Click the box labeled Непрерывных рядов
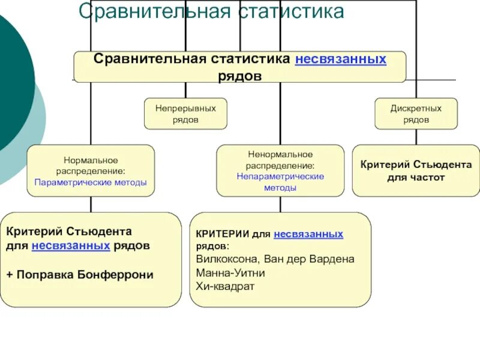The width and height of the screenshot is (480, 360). (x=185, y=113)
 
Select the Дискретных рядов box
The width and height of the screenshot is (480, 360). (x=416, y=113)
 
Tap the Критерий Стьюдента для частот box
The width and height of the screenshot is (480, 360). (x=416, y=170)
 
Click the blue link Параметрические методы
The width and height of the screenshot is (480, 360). (x=91, y=182)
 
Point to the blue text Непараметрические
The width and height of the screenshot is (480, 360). (x=280, y=176)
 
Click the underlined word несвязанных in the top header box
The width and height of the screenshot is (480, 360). (x=341, y=59)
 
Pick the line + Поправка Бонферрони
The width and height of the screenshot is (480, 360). (x=80, y=275)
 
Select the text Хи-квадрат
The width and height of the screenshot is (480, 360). (x=225, y=286)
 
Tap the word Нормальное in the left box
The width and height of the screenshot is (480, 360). (x=91, y=160)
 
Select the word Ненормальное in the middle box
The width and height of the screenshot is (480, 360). (x=280, y=155)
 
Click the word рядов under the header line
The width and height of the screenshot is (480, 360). (x=239, y=76)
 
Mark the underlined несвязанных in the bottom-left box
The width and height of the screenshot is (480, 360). (x=71, y=245)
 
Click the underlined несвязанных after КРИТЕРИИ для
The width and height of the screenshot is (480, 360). (x=308, y=235)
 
